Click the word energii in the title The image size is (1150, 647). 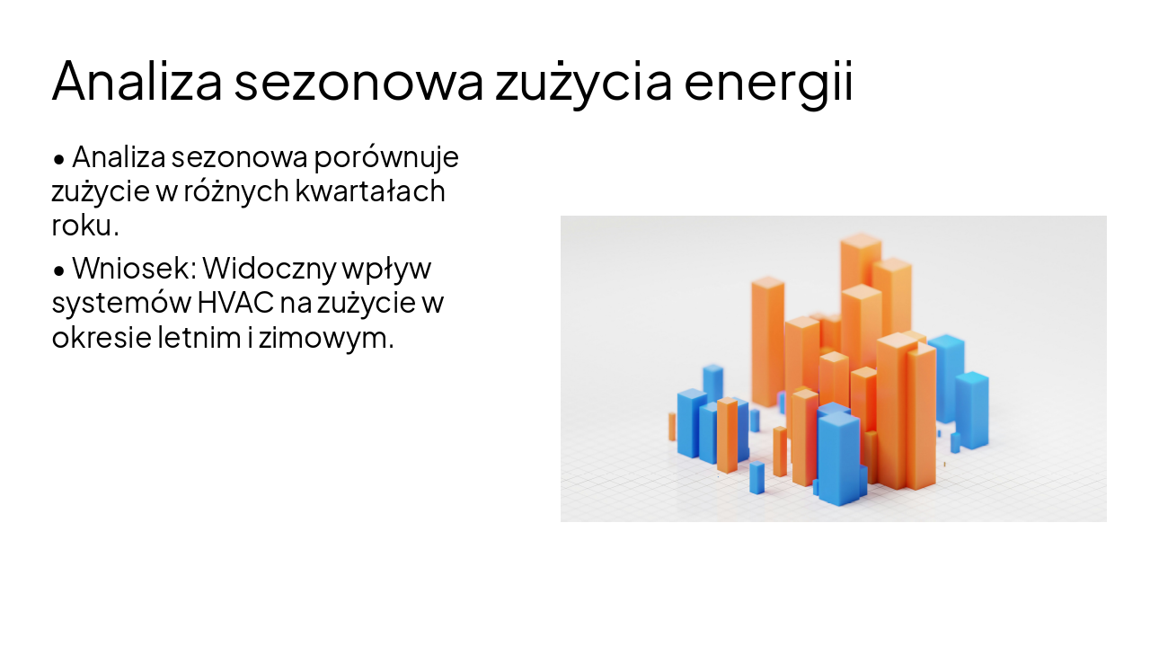(767, 82)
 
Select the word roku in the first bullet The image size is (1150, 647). (82, 226)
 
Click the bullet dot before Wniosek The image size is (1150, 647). (59, 270)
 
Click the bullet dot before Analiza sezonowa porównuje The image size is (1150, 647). (59, 159)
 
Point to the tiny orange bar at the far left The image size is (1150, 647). (672, 427)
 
